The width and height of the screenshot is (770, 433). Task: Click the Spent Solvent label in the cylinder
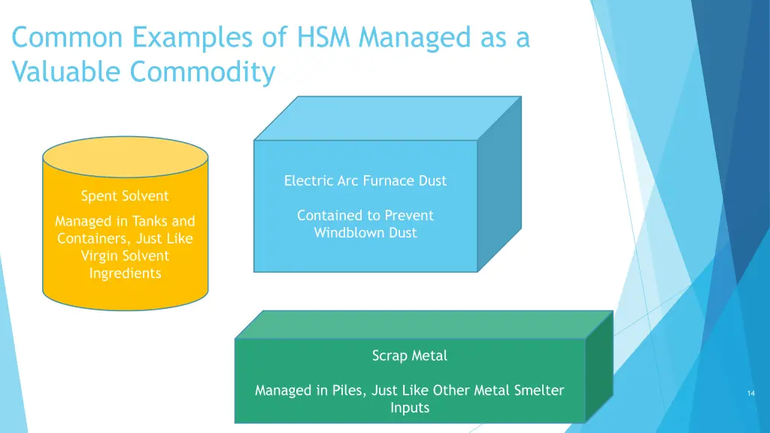click(x=125, y=196)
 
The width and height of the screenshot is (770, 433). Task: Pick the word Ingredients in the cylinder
click(x=125, y=273)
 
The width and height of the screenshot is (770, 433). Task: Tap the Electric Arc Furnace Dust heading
click(x=365, y=180)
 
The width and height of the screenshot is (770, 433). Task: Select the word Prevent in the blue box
click(x=408, y=215)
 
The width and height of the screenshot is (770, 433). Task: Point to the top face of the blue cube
click(x=387, y=118)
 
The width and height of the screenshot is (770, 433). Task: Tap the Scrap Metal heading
click(x=409, y=356)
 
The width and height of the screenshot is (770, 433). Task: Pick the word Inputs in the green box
click(x=410, y=407)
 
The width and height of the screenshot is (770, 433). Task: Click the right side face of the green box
click(x=599, y=365)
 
